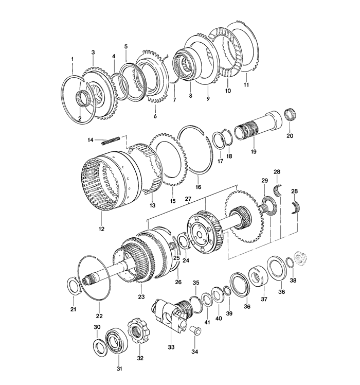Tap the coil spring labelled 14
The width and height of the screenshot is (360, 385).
click(x=110, y=139)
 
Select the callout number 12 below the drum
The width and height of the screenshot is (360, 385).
click(x=101, y=229)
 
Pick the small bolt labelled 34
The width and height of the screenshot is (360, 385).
click(x=195, y=331)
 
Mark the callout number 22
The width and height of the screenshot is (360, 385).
click(x=100, y=316)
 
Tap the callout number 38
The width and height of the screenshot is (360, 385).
click(x=294, y=281)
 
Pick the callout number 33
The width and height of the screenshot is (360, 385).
click(x=171, y=347)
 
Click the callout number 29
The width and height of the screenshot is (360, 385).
click(x=265, y=181)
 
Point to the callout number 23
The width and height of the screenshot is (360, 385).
click(x=141, y=297)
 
